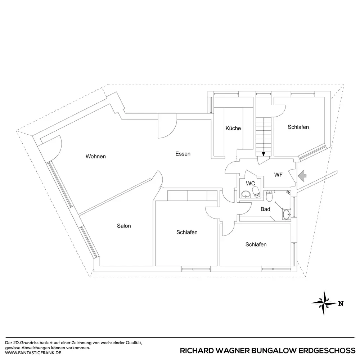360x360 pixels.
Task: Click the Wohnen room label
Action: click(x=96, y=157)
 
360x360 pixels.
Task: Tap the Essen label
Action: click(x=183, y=154)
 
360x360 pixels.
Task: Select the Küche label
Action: click(x=233, y=129)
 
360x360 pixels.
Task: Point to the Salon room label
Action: click(x=124, y=226)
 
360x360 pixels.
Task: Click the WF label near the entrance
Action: click(x=278, y=175)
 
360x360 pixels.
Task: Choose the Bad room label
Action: click(x=266, y=209)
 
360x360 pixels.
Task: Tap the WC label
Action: click(x=251, y=183)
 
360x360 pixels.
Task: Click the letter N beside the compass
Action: click(x=340, y=303)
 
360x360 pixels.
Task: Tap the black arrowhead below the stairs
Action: click(x=264, y=154)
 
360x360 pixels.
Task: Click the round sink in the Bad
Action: click(x=286, y=215)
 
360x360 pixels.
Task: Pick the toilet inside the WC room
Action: click(x=256, y=191)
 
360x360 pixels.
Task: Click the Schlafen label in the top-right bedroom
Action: click(x=298, y=127)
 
